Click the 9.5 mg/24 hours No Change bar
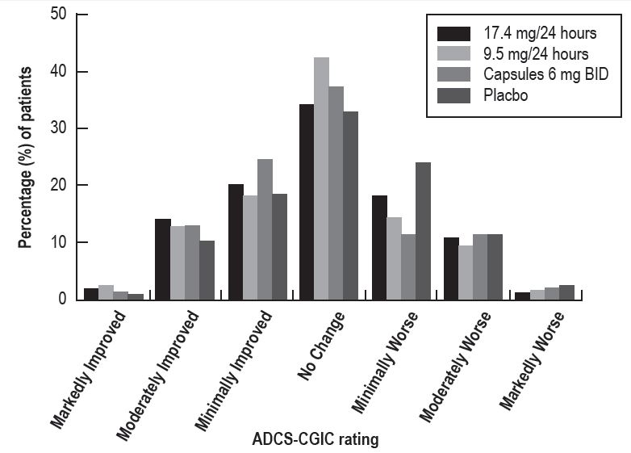[x=321, y=178]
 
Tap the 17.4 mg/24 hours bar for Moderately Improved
[x=163, y=259]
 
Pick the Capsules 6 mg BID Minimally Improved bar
[x=265, y=229]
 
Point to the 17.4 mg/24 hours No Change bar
[x=307, y=202]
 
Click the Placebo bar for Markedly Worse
[x=566, y=292]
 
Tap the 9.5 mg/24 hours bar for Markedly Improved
[x=105, y=292]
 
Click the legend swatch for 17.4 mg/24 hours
[x=453, y=34]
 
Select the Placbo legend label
[x=507, y=94]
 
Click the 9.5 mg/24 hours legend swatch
[x=453, y=54]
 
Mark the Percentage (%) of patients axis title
[x=26, y=157]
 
